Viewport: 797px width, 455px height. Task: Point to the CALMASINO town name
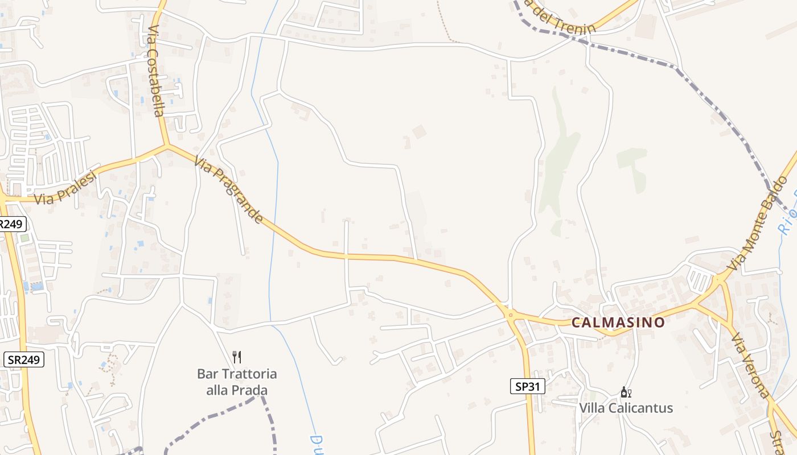[x=618, y=322]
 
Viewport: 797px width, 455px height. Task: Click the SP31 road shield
[x=527, y=387]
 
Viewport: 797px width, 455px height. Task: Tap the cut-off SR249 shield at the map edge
[x=11, y=224]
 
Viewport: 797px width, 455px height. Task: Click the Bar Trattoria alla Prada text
[x=237, y=382]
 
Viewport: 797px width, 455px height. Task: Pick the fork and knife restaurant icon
[x=237, y=357]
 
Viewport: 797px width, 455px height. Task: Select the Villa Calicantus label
[x=626, y=408]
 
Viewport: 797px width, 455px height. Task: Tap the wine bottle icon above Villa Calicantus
[x=626, y=392]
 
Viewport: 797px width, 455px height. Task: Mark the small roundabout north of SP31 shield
[x=511, y=315]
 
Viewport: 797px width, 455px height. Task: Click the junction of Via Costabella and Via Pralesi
[x=167, y=146]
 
